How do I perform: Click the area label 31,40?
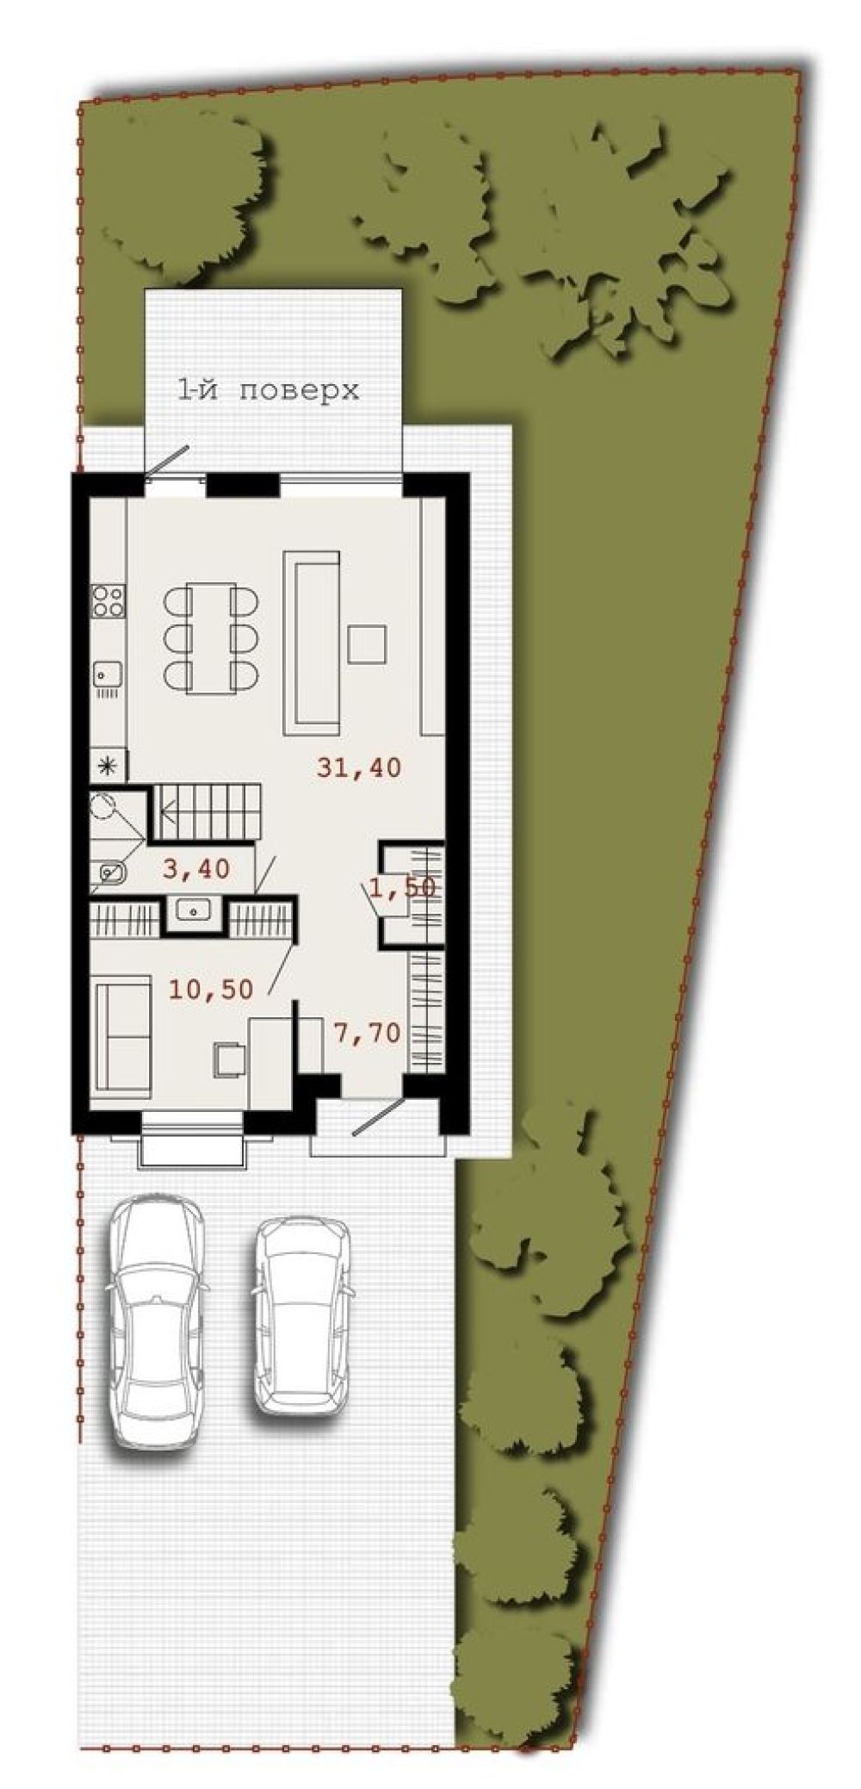[359, 767]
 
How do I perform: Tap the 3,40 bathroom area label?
[196, 869]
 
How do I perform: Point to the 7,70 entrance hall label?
[367, 1033]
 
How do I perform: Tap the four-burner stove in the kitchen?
[109, 599]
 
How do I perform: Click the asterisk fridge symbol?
[109, 763]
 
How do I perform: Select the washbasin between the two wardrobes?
[195, 910]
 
